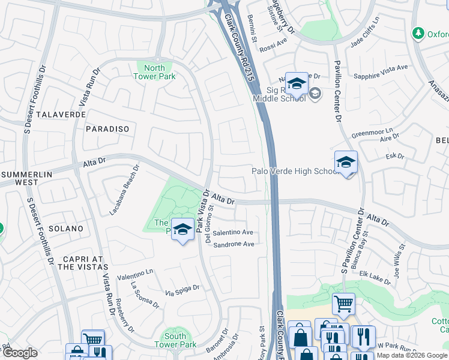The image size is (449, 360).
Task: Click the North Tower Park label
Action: click(x=154, y=72)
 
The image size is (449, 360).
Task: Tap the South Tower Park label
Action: click(x=175, y=340)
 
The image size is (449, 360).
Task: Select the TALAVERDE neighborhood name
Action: click(x=58, y=114)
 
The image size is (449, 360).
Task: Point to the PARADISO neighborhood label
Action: click(x=107, y=129)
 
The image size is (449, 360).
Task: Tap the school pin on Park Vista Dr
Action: click(x=182, y=230)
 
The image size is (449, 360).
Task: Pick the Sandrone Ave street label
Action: click(x=234, y=244)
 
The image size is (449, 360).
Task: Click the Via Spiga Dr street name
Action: click(x=182, y=291)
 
